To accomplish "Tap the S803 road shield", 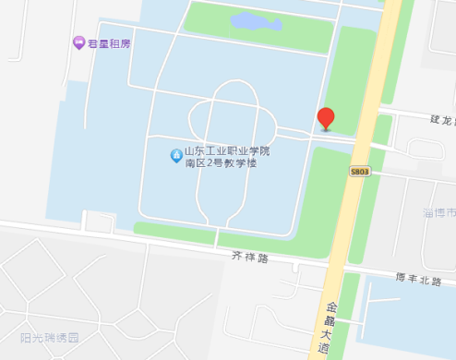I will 359,172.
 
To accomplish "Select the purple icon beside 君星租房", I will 78,42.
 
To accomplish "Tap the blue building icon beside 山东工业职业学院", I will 174,156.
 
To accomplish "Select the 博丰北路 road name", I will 419,279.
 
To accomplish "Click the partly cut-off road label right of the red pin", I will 442,119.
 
